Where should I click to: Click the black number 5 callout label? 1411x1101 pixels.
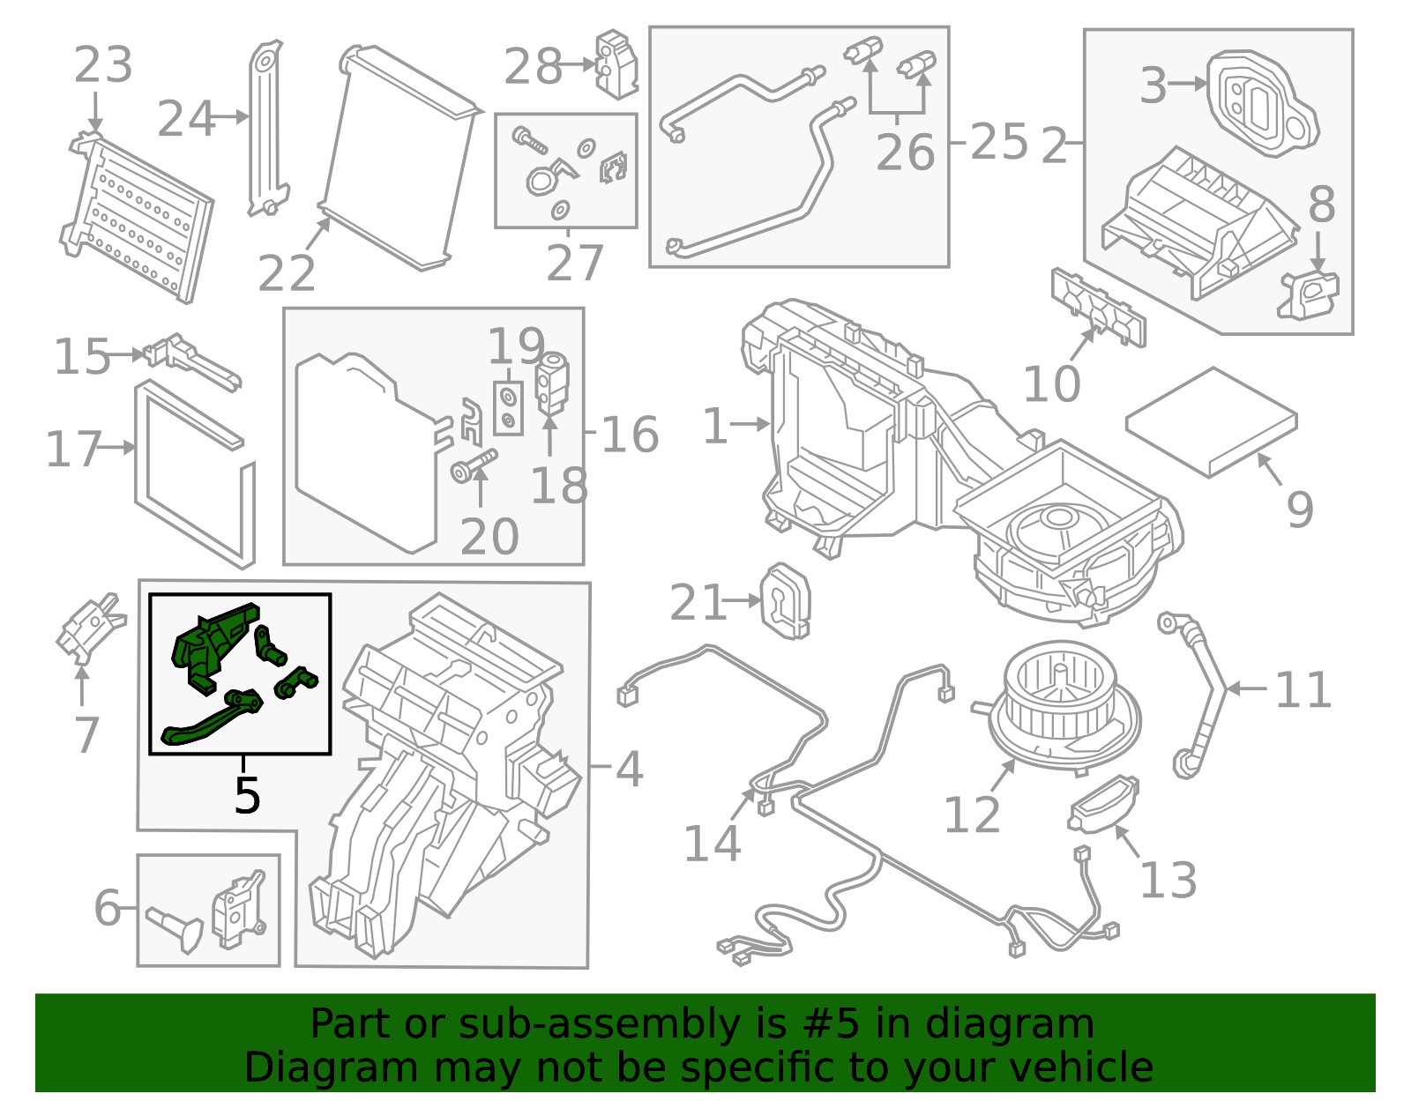click(x=247, y=795)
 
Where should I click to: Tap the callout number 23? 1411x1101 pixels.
click(x=103, y=65)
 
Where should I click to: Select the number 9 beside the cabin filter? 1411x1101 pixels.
click(x=1300, y=510)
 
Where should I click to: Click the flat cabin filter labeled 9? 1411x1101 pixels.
click(x=1211, y=421)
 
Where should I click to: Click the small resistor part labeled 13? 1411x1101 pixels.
click(x=1102, y=803)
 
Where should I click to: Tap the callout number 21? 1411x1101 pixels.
click(x=697, y=603)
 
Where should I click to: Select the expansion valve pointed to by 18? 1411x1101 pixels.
click(x=553, y=383)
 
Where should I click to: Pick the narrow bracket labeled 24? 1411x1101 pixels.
click(x=266, y=128)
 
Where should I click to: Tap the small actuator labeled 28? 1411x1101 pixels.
click(x=616, y=63)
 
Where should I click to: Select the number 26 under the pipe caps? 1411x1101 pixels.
click(x=905, y=153)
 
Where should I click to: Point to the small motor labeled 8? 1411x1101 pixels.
click(x=1310, y=294)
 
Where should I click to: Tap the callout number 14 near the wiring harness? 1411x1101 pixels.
click(x=712, y=844)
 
